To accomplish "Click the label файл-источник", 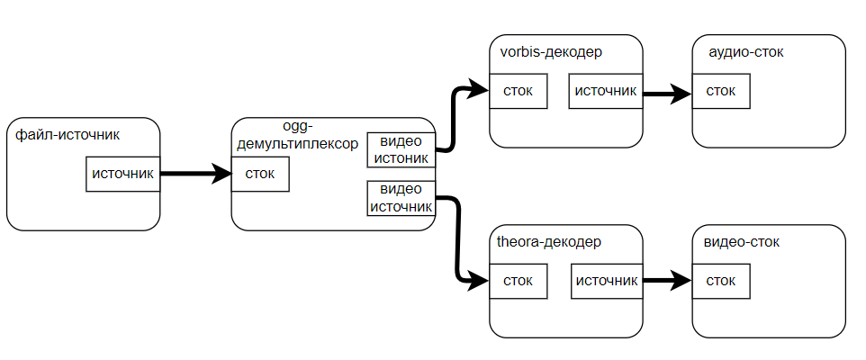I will coord(68,135).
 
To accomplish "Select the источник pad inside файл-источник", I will coord(123,174).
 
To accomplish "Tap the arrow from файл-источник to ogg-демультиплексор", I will coord(195,174).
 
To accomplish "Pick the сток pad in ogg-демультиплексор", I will coord(260,174).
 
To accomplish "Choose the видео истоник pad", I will coord(401,149).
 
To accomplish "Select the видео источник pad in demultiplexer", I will coord(401,198).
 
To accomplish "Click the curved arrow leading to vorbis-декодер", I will coord(455,117).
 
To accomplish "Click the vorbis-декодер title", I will coord(551,52).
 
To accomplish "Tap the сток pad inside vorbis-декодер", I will coord(519,91).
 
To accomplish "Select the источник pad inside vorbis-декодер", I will coord(605,91).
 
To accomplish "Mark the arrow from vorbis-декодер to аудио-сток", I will coord(666,92).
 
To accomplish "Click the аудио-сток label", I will coord(745,52).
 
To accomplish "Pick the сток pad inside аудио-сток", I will coord(721,91).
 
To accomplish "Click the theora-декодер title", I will coord(549,242).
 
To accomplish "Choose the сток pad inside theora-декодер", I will coord(519,281).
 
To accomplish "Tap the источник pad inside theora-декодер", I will coord(606,281).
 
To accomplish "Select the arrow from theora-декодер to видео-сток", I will coord(666,281).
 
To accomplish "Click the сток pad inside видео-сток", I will coord(721,281).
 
